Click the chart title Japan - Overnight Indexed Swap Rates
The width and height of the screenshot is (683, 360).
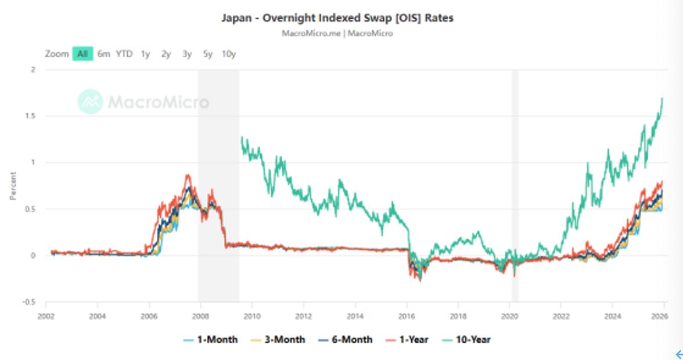[x=337, y=18]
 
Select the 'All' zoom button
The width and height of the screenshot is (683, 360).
[x=82, y=54]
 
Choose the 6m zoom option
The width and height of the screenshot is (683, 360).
[x=103, y=54]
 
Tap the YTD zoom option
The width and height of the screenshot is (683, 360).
[x=124, y=54]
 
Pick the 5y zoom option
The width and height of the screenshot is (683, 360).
[x=207, y=54]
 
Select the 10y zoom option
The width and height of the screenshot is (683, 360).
[x=228, y=54]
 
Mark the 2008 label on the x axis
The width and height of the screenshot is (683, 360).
[x=200, y=316]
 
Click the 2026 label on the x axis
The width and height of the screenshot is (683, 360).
[x=660, y=316]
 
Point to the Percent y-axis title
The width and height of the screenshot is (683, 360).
[x=13, y=186]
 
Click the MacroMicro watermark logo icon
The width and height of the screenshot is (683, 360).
[x=90, y=102]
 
